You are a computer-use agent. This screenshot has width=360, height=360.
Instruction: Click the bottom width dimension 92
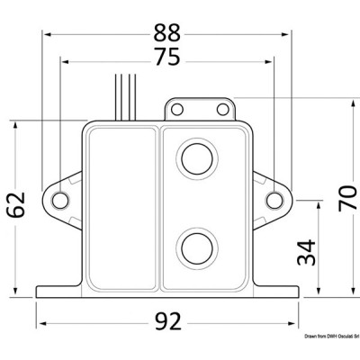pos(167,321)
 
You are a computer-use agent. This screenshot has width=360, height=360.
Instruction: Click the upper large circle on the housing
pos(196,158)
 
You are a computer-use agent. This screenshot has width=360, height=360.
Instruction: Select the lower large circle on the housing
pos(196,245)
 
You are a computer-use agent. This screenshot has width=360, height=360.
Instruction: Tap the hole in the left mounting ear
pos(60,199)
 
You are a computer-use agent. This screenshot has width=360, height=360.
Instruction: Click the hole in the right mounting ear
pos(274,199)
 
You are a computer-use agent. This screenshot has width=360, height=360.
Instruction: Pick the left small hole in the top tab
pos(177,110)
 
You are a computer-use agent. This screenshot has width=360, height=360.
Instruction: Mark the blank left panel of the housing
pos(121,207)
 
